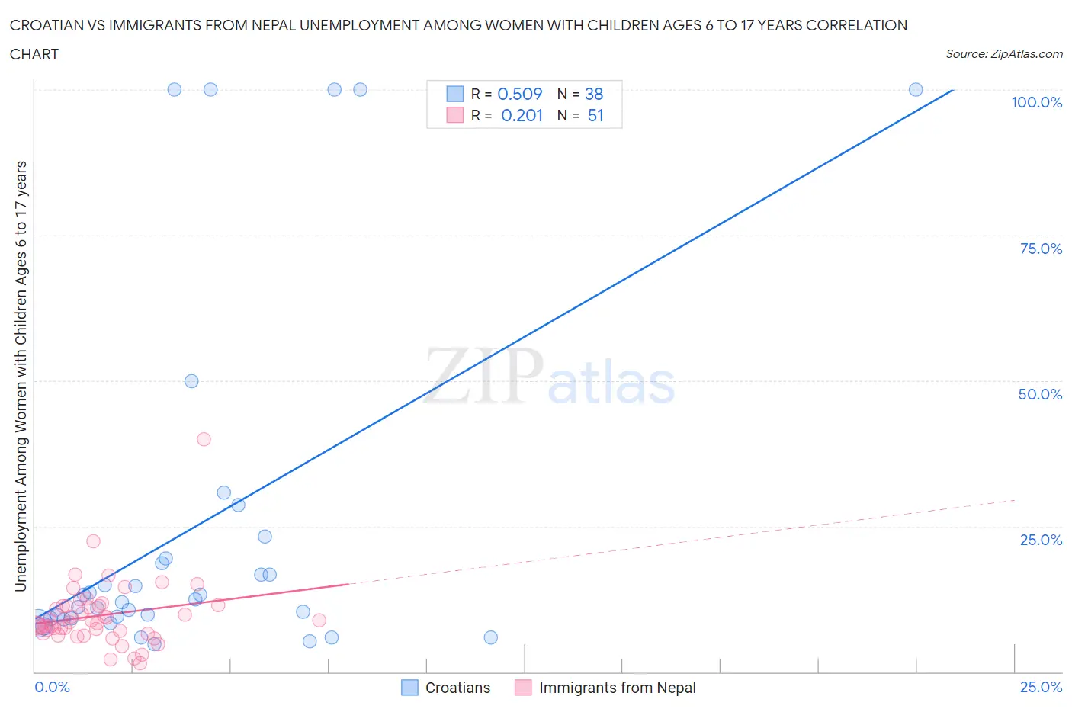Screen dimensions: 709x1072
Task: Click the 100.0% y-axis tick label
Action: pyautogui.click(x=1036, y=102)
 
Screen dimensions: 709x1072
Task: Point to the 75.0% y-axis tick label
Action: pyautogui.click(x=1041, y=249)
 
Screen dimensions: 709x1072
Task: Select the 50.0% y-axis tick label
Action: pyautogui.click(x=1040, y=394)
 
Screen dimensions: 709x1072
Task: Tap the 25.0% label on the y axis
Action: pyautogui.click(x=1041, y=540)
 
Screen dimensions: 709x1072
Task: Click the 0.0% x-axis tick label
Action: pyautogui.click(x=52, y=687)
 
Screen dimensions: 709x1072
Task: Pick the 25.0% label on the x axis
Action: pyautogui.click(x=1041, y=687)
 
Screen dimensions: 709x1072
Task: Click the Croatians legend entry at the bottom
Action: pyautogui.click(x=446, y=688)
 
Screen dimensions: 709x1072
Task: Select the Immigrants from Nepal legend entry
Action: pyautogui.click(x=606, y=688)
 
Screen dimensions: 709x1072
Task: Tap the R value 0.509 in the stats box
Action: pyautogui.click(x=519, y=94)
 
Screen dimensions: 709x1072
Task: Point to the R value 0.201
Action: pyautogui.click(x=522, y=115)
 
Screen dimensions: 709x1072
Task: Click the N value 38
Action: pyautogui.click(x=594, y=94)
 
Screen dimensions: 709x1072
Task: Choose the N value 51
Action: pyautogui.click(x=595, y=115)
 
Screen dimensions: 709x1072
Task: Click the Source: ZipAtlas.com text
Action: pyautogui.click(x=1003, y=53)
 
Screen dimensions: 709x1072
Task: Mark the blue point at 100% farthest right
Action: pyautogui.click(x=916, y=89)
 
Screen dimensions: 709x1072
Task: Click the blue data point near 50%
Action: pyautogui.click(x=191, y=381)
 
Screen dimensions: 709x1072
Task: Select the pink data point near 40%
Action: pyautogui.click(x=204, y=439)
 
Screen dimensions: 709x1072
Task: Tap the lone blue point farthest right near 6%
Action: pyautogui.click(x=490, y=637)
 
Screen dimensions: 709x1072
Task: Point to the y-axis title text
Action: pyautogui.click(x=21, y=376)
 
